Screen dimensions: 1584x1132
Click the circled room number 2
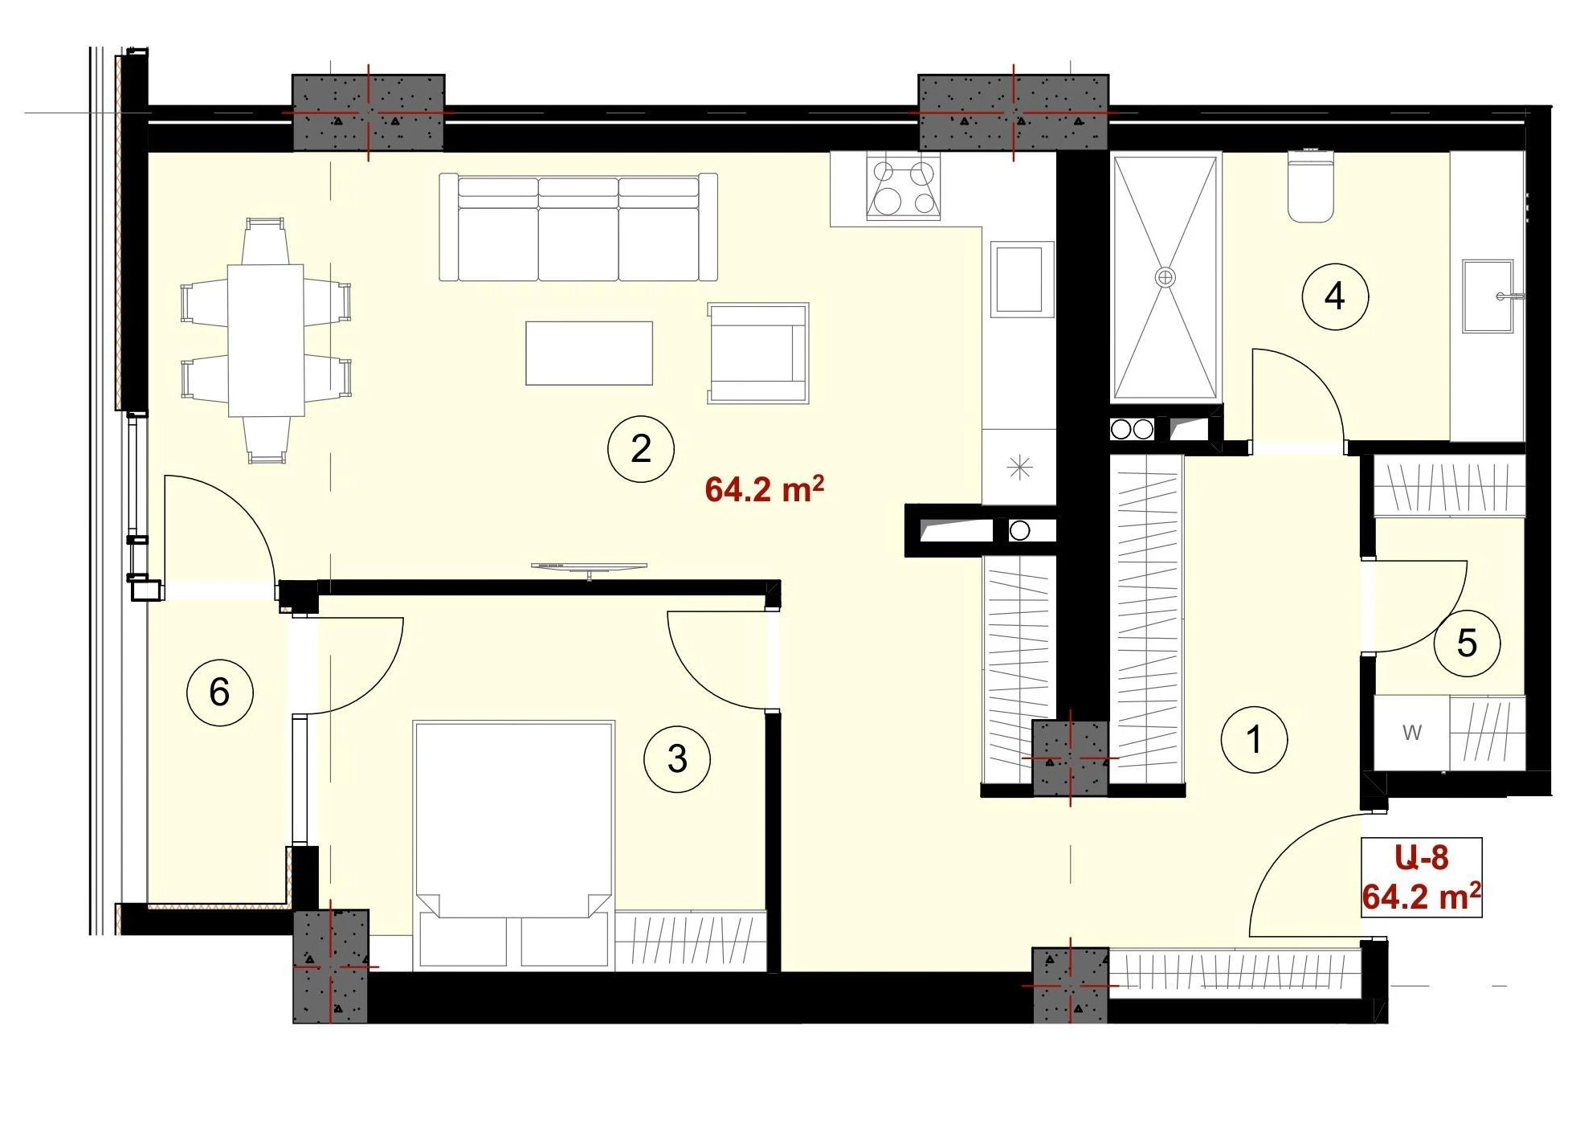(640, 448)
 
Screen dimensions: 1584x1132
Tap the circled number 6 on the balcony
(219, 692)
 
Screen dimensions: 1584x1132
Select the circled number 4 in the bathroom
(1334, 296)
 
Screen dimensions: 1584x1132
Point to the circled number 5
(1467, 643)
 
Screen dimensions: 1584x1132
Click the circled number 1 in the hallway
(1253, 739)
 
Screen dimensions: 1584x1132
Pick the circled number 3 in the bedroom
(676, 759)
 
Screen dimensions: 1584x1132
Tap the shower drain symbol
(1165, 277)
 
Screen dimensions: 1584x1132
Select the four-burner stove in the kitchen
(904, 187)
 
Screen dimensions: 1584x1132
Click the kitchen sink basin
(1019, 279)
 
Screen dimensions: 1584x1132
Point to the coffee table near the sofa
(589, 353)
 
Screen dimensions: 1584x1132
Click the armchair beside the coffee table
(757, 353)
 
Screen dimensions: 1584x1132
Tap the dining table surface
(266, 340)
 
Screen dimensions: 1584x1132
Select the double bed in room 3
(513, 844)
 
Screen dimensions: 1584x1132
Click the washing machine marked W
(1411, 733)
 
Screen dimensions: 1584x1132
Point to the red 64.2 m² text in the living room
(764, 489)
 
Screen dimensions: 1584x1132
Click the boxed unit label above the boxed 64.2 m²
(1422, 858)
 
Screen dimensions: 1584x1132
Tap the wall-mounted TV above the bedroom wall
(589, 568)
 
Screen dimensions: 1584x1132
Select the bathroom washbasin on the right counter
(1488, 296)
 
